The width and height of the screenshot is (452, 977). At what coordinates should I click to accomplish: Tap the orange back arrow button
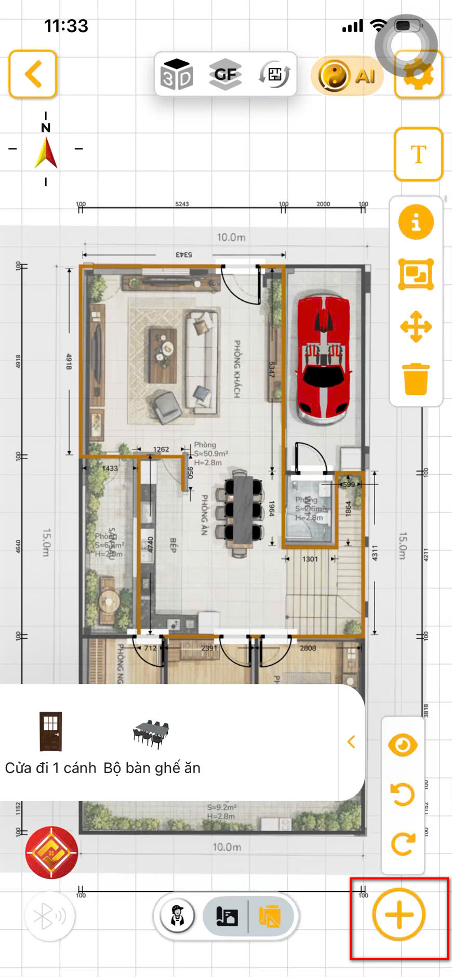coord(33,74)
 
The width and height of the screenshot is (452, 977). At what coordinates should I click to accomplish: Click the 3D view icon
coord(177,74)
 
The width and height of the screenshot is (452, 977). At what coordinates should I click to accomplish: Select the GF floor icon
coord(225,74)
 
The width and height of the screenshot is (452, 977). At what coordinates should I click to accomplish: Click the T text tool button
coord(418,154)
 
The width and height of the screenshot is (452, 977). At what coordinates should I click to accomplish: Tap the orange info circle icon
coord(416,222)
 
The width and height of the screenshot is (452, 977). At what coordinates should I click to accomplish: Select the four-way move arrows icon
coord(416,327)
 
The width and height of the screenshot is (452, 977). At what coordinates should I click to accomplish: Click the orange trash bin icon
coord(416,379)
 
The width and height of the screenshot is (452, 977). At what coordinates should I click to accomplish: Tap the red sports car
coord(323,357)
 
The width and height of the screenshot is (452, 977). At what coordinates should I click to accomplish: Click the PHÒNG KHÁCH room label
coord(237,369)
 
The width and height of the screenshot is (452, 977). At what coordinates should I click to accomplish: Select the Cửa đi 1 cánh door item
coord(51,741)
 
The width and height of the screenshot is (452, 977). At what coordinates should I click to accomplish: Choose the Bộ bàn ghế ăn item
coord(151,742)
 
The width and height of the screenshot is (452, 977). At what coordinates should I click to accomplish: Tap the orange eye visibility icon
coord(403,746)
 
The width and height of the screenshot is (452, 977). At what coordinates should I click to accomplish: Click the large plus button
coord(399,914)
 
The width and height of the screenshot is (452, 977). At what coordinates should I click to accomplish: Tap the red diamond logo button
coord(51,852)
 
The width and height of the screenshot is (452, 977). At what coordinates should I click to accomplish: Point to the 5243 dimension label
coord(182,204)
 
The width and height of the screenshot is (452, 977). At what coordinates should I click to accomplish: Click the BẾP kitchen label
coord(174,545)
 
